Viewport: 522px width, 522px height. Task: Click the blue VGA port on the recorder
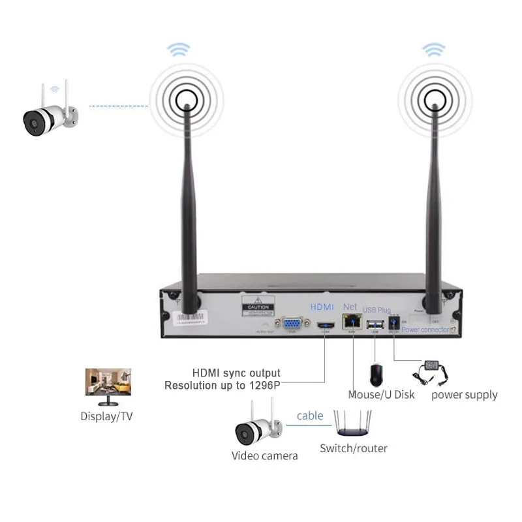(292, 324)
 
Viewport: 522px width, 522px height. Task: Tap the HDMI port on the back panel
(325, 326)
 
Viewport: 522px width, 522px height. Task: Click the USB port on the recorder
(375, 324)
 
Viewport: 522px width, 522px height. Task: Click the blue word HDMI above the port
(322, 306)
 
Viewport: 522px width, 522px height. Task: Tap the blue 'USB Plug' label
(376, 309)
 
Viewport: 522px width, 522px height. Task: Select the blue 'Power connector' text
(425, 330)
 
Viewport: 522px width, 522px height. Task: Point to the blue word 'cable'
(310, 416)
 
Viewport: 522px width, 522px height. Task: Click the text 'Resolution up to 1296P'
(222, 386)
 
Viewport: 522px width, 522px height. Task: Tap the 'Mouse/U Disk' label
(381, 395)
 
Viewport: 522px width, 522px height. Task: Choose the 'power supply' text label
(464, 395)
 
